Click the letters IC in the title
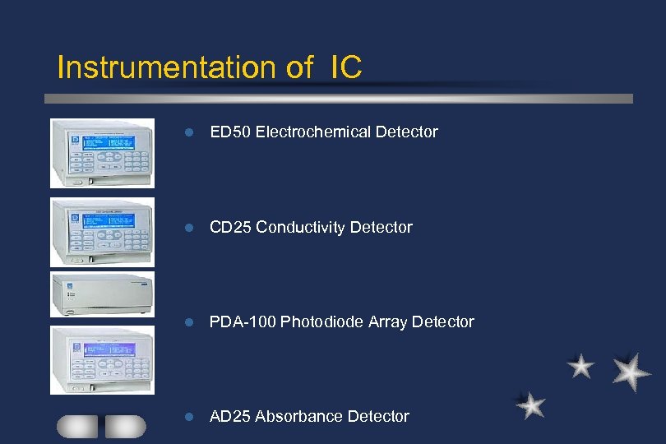[x=345, y=67]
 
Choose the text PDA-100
[x=243, y=321]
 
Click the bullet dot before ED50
[x=188, y=132]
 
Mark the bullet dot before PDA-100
[x=188, y=322]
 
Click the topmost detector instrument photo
[x=102, y=153]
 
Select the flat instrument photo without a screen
[x=102, y=294]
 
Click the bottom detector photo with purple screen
[x=102, y=359]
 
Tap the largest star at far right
[x=631, y=372]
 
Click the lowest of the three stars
[x=531, y=405]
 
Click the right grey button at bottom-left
[x=125, y=426]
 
